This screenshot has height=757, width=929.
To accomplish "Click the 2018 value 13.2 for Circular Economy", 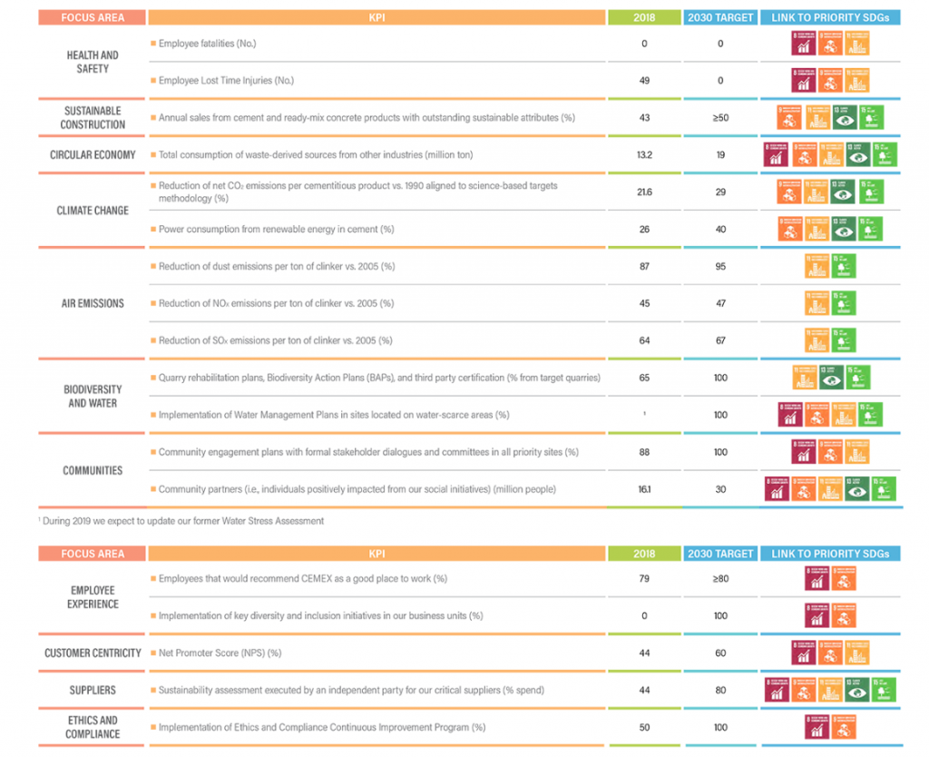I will point(644,155).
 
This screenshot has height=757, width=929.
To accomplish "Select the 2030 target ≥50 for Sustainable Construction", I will point(720,118).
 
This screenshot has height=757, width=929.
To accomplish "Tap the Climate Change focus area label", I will point(93,211).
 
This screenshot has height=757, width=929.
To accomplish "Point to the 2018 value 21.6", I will point(644,192).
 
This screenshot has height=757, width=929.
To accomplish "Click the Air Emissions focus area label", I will point(93,303).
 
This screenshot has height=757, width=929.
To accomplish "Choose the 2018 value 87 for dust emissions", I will point(644,266).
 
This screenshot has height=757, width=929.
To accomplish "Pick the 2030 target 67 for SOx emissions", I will point(720,340).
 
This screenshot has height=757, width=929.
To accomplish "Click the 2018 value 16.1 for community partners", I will point(644,489).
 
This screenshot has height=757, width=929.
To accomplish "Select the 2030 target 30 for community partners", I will point(720,489).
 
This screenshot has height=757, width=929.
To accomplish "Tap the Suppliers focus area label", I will point(93,690).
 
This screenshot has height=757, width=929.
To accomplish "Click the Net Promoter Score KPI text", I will point(220,653).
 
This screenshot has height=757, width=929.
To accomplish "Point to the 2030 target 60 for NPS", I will point(720,653).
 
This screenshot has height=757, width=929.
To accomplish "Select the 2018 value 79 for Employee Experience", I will point(644,578).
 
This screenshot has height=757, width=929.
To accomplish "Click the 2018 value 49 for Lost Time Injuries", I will point(644,81).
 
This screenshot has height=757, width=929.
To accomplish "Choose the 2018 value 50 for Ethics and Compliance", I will point(644,727).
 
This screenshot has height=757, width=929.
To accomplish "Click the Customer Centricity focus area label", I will point(93,653).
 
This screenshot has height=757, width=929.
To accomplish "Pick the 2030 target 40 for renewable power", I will point(720,230).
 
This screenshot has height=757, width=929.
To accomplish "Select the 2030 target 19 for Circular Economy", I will point(720,155).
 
